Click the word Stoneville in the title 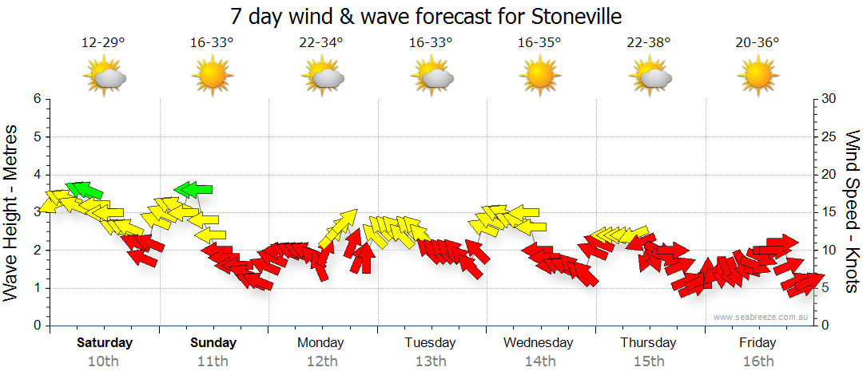[x=573, y=16]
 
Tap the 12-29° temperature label [x=103, y=43]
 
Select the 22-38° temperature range [x=649, y=43]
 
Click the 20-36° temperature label [x=758, y=43]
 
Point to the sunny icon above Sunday [x=213, y=77]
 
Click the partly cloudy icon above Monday [x=322, y=77]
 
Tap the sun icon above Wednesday [x=539, y=77]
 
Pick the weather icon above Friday [x=758, y=77]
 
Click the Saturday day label [x=105, y=343]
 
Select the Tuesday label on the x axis [x=430, y=343]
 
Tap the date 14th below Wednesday [x=540, y=361]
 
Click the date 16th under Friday [x=758, y=361]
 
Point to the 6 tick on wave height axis [x=36, y=99]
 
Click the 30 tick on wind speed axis [x=829, y=99]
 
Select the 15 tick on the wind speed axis [x=829, y=212]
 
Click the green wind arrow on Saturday [x=85, y=190]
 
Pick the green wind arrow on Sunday [x=193, y=189]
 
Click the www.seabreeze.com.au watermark [x=762, y=318]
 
